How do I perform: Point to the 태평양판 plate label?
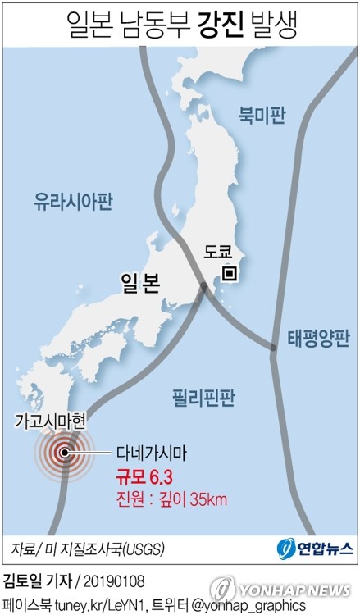(318, 338)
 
